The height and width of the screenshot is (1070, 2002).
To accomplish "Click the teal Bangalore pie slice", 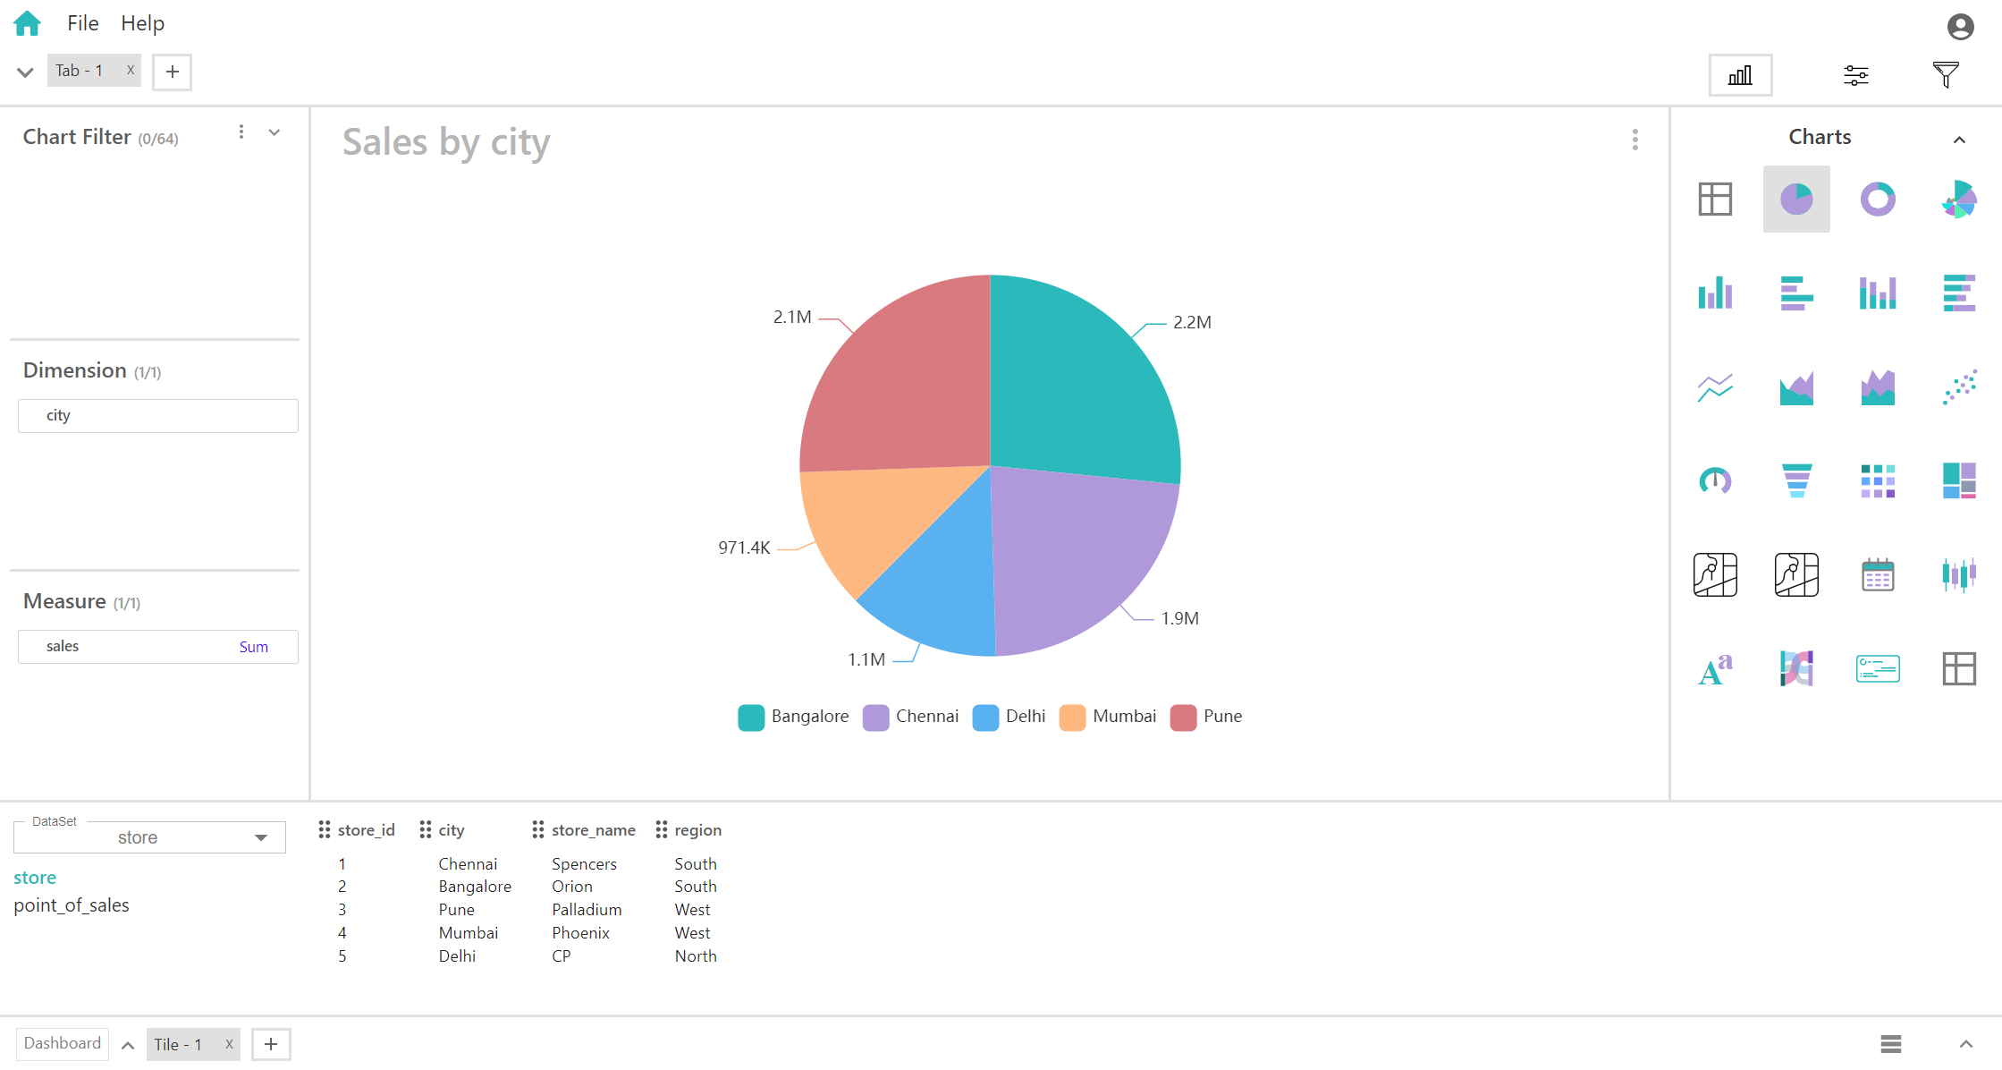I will pos(1082,385).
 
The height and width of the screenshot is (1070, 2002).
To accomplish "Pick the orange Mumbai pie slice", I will pos(858,519).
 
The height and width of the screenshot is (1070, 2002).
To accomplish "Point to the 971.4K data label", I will pos(744,548).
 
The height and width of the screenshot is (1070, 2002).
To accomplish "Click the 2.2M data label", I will pos(1192,322).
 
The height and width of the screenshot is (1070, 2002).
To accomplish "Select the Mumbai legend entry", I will pos(1109,717).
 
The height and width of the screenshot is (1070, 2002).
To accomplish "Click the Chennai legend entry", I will pos(911,717).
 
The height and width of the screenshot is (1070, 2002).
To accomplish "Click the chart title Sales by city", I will pos(446,142).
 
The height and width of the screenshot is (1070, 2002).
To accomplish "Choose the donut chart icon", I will pos(1878,199).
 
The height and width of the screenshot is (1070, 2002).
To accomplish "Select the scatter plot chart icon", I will pos(1959,387).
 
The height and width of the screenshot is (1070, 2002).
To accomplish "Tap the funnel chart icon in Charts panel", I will pos(1796,480).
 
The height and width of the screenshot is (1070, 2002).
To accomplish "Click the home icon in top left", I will pos(28,23).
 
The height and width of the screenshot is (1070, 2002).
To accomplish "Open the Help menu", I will pos(142,23).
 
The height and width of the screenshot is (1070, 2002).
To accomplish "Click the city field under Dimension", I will pos(157,416).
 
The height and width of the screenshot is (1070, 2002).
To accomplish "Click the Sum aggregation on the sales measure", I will pos(253,647).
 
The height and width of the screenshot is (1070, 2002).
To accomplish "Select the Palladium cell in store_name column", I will pos(587,910).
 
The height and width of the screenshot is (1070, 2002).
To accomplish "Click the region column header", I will pos(697,830).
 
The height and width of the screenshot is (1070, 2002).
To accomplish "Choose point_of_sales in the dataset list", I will pos(72,905).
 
